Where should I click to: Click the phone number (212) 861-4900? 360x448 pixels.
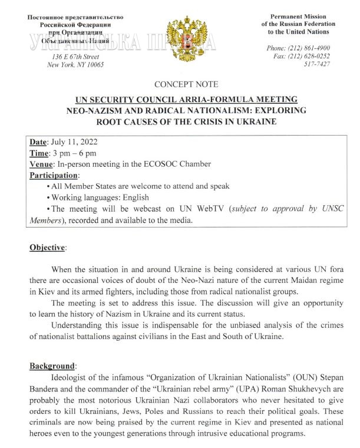coord(306,47)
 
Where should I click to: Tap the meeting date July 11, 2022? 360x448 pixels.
coord(73,143)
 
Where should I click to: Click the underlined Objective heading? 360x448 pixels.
coord(48,247)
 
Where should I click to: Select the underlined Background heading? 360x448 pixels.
coord(53,366)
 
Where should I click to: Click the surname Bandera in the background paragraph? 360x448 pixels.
coord(47,389)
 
